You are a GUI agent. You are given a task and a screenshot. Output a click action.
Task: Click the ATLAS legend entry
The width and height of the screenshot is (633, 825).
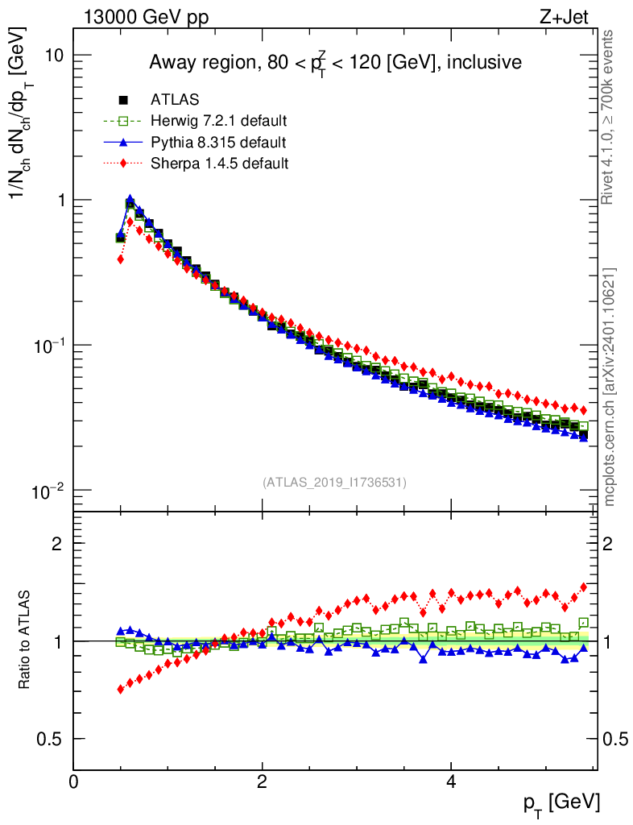click(x=175, y=100)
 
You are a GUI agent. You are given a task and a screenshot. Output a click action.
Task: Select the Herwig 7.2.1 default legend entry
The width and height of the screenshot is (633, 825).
click(x=218, y=121)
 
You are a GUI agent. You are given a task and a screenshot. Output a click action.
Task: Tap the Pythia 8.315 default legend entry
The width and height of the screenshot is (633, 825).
click(x=217, y=143)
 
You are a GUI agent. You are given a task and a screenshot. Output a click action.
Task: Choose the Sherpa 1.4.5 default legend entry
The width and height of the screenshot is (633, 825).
click(x=219, y=164)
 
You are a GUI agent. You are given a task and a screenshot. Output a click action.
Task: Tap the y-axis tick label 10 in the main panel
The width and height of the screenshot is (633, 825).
click(x=54, y=55)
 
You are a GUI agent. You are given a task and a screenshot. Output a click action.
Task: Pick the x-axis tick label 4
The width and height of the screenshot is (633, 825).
click(x=451, y=780)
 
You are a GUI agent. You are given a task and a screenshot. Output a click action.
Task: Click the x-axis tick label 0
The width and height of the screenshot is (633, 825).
click(x=74, y=780)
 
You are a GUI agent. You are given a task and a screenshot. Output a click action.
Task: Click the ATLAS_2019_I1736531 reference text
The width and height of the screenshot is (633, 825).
click(x=334, y=483)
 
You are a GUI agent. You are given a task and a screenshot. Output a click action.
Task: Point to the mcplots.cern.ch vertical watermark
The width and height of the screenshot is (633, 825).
click(x=610, y=388)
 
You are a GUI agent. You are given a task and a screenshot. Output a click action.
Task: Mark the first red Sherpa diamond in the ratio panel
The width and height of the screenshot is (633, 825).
click(x=121, y=689)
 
